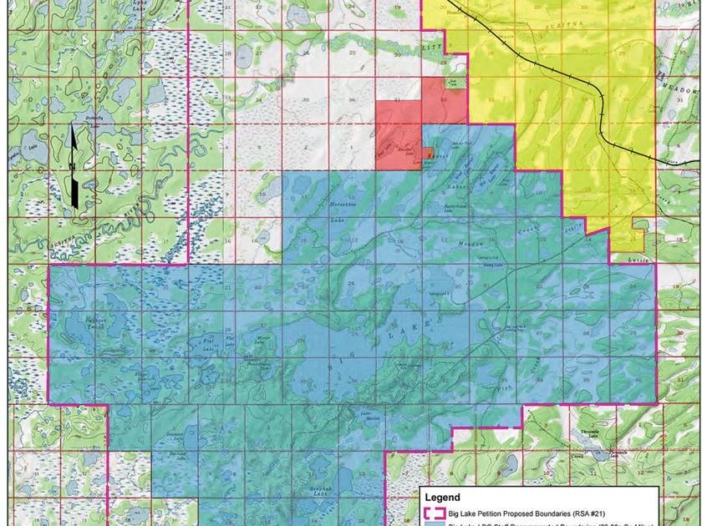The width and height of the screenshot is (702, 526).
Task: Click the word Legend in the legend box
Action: tap(443, 498)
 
